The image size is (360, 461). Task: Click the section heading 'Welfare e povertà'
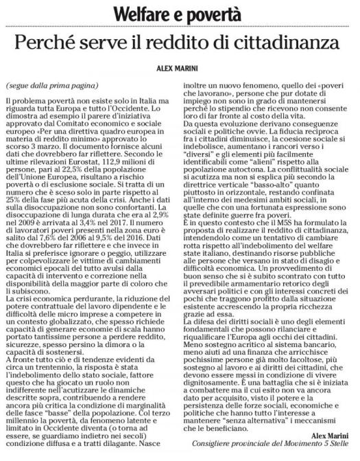[180, 12]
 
